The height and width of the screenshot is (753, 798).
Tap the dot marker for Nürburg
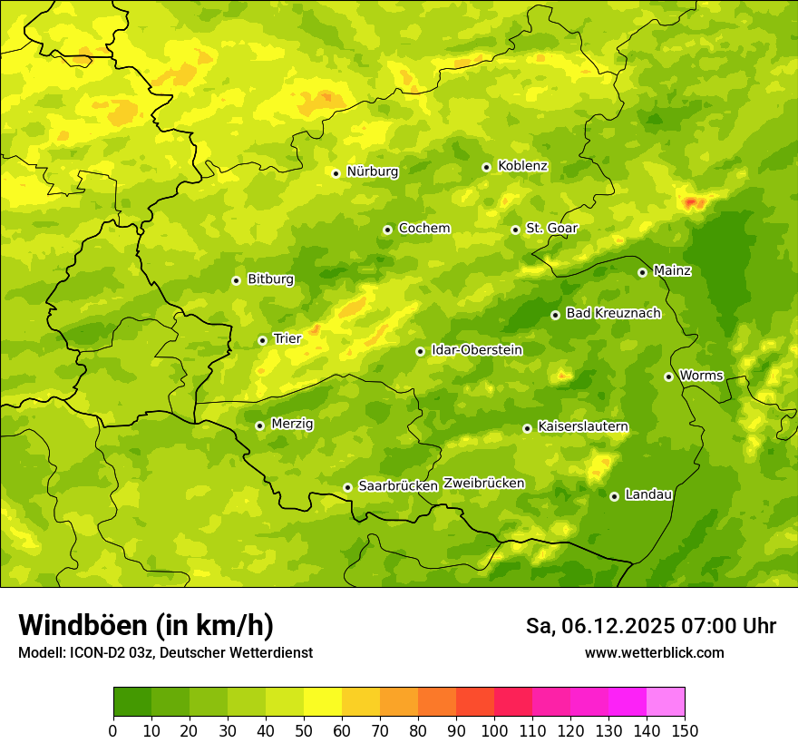pos(336,173)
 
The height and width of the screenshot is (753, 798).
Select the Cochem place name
pos(423,229)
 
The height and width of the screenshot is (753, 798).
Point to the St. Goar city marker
pos(515,230)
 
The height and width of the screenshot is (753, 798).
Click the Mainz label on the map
pos(672,270)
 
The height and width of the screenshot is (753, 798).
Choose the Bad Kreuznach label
pos(613,313)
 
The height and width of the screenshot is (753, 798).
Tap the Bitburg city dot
pos(236,280)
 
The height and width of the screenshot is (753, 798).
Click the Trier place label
pos(287,338)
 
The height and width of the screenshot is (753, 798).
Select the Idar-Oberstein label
pos(477,350)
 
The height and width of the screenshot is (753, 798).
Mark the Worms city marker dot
pos(668,376)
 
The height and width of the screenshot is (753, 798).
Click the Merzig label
pos(292,424)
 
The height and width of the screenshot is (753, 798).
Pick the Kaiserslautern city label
pos(583,426)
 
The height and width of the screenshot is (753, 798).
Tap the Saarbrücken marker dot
pos(347,487)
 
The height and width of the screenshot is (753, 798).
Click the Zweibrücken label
pos(484,484)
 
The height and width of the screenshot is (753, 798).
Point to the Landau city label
pos(648,494)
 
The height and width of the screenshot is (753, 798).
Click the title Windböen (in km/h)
pos(146,625)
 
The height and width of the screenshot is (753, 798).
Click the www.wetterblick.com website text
pos(654,653)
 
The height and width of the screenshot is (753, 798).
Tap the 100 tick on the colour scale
pos(494,730)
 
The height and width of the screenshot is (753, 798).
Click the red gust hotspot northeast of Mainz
pos(694,201)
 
